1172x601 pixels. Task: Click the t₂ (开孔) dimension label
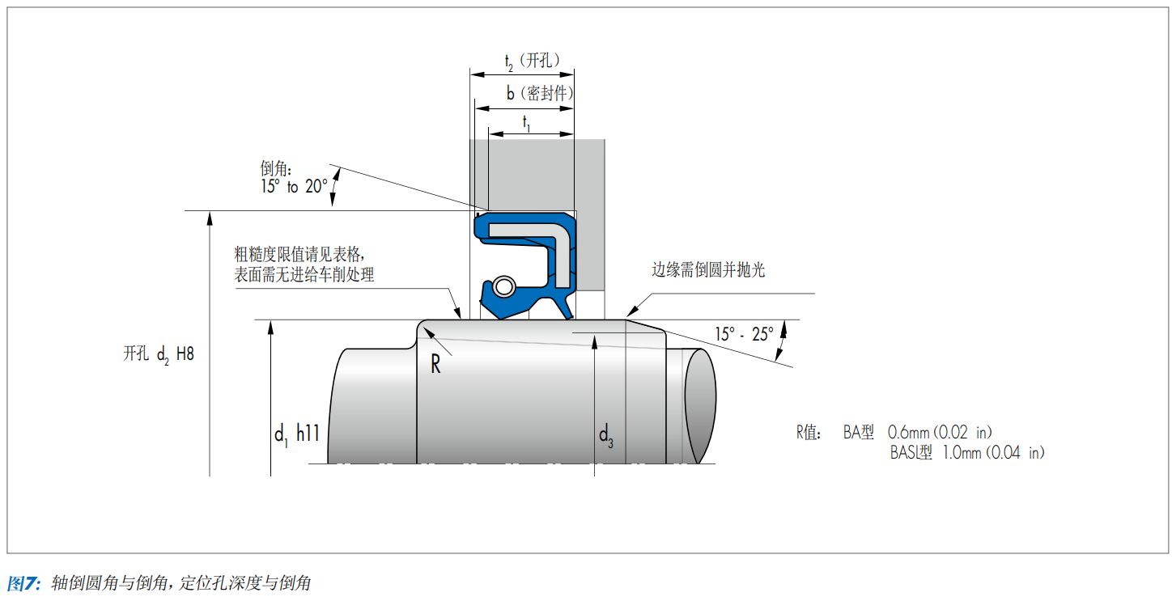point(532,61)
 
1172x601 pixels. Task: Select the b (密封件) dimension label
point(539,94)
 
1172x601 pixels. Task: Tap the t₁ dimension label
point(526,124)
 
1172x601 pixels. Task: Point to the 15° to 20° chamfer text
point(294,186)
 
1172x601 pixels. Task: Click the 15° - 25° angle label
point(744,334)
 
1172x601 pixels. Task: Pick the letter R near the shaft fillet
point(435,364)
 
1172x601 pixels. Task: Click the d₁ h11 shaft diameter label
point(297,434)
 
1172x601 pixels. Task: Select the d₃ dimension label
point(606,435)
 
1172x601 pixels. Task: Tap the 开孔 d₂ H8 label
point(159,354)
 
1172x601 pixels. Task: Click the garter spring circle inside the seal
point(504,286)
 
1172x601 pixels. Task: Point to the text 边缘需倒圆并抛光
point(708,270)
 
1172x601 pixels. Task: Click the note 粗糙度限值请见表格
point(298,255)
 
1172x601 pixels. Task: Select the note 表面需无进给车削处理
point(304,274)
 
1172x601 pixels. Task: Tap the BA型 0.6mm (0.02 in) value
point(917,433)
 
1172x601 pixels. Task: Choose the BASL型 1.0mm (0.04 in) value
point(967,452)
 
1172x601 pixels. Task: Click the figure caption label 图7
point(23,582)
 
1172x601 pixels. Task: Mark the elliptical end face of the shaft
point(700,405)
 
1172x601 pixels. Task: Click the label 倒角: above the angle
point(276,168)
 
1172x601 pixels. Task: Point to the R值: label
point(809,433)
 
